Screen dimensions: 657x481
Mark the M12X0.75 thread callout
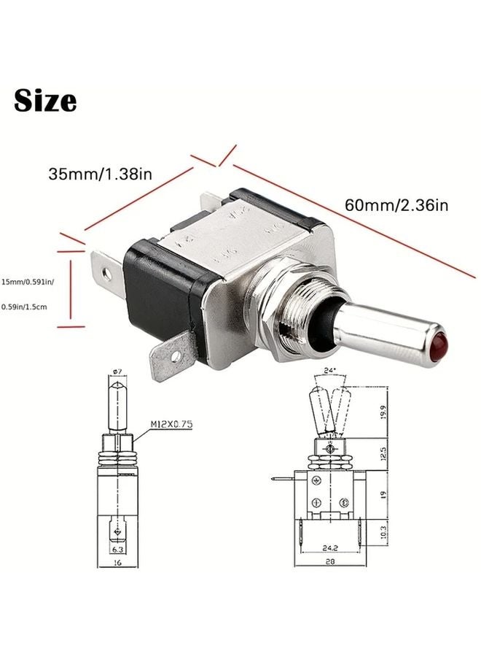pos(172,423)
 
